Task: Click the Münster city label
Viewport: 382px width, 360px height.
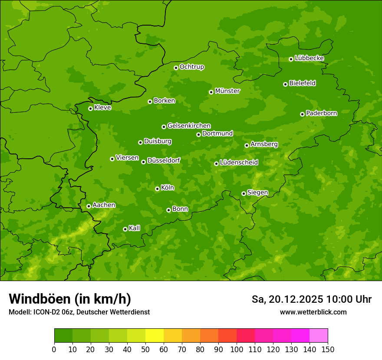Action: [227, 91]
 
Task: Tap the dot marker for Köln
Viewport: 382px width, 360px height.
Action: [157, 189]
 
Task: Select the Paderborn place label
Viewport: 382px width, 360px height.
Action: [321, 113]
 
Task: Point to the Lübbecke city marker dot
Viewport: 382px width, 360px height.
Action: [291, 59]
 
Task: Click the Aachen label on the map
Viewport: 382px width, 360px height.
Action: [104, 205]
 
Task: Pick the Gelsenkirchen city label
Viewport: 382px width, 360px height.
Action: [189, 126]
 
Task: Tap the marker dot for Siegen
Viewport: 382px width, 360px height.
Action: [244, 193]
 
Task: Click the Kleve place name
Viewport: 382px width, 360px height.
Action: [102, 108]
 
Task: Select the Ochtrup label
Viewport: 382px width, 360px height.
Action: [191, 67]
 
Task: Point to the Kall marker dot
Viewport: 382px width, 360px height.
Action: [125, 229]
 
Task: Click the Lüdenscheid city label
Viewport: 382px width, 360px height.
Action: [239, 163]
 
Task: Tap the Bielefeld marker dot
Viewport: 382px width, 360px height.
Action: [285, 84]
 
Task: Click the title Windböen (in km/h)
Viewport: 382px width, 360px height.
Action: [70, 299]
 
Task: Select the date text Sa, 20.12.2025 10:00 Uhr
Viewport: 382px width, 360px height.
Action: [311, 299]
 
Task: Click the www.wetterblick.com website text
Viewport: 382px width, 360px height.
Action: [313, 312]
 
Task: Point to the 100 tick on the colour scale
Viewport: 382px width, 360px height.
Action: [237, 349]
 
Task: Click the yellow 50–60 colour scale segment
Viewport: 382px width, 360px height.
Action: [155, 336]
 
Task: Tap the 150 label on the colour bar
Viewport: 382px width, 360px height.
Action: [328, 349]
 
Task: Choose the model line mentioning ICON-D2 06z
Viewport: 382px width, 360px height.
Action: [79, 312]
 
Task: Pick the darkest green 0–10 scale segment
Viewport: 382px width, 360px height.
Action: [63, 336]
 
